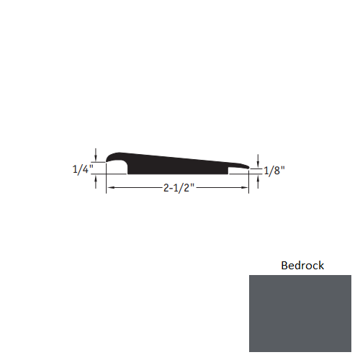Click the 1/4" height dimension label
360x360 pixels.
(x=82, y=170)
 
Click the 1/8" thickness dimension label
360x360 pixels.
(x=275, y=171)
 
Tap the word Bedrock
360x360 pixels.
(x=302, y=265)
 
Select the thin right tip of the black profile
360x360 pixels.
(x=248, y=167)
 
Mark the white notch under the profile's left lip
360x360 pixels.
(x=117, y=168)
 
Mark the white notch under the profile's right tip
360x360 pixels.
(x=238, y=171)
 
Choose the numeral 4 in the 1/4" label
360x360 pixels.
(x=84, y=170)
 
